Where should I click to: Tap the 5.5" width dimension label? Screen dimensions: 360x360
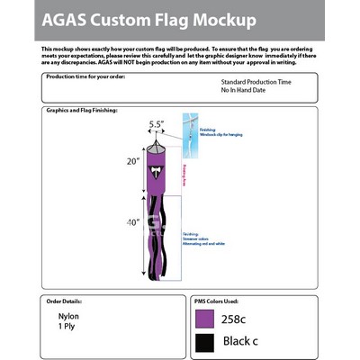tap(156, 125)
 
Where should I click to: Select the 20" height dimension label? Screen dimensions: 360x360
tap(133, 162)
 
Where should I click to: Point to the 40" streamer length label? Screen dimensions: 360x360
tap(132, 222)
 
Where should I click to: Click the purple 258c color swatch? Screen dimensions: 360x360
tap(204, 318)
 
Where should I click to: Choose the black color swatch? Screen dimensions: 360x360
tap(204, 342)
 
